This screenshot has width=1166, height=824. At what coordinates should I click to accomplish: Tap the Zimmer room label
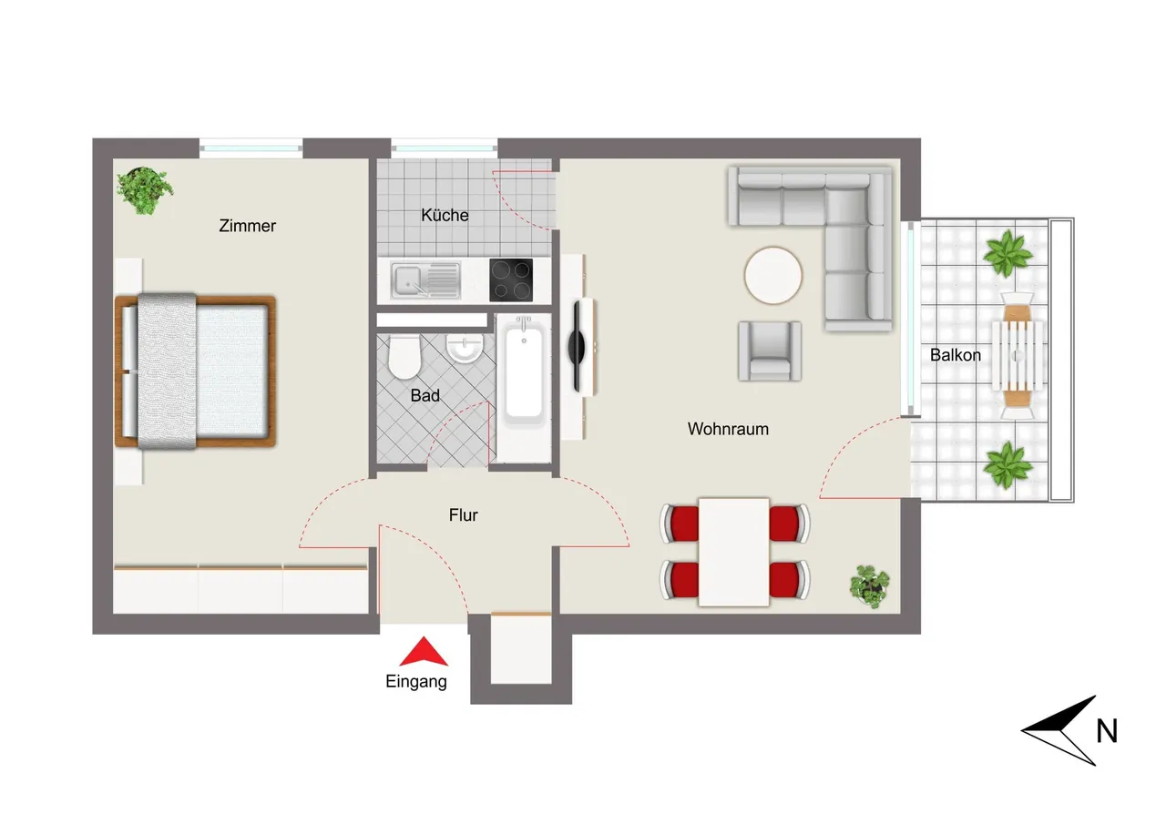[x=247, y=226]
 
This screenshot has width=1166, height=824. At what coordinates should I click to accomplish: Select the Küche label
[x=445, y=215]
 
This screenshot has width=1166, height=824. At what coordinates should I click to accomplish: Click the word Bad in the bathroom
[x=424, y=395]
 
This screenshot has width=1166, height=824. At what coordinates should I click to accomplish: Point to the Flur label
[x=464, y=515]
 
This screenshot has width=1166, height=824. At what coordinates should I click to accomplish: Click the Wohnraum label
[x=728, y=429]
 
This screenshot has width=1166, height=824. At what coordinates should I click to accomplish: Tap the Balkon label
[x=956, y=355]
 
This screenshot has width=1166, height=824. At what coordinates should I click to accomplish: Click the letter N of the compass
[x=1107, y=731]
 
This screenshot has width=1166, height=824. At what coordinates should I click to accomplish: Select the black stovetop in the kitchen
[x=511, y=280]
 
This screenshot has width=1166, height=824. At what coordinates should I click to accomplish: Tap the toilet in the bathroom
[x=404, y=357]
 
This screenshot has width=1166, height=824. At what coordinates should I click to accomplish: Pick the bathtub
[x=524, y=370]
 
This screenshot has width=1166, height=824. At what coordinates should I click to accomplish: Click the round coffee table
[x=773, y=275]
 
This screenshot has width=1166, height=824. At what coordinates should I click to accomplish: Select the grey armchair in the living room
[x=770, y=351]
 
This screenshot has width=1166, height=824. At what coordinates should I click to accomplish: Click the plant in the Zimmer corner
[x=144, y=190]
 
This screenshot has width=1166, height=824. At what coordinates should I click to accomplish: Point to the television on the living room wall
[x=578, y=347]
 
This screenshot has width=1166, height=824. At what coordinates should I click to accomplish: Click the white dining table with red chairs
[x=734, y=552]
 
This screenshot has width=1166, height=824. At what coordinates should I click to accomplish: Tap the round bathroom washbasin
[x=465, y=348]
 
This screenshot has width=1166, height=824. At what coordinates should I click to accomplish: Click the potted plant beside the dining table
[x=869, y=585]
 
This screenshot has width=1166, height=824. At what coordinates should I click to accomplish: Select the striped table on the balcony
[x=1018, y=356]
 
